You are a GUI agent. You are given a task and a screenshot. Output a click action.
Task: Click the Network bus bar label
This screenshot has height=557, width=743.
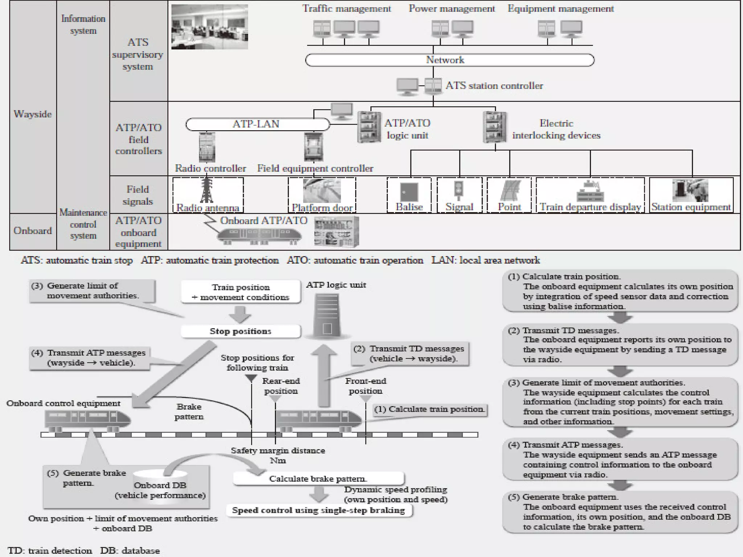445,60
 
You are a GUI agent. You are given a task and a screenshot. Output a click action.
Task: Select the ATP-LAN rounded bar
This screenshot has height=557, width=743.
257,124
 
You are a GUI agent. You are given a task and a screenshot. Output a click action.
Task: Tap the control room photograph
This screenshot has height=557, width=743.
210,27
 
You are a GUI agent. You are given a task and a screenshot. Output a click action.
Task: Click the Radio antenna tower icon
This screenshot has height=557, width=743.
206,189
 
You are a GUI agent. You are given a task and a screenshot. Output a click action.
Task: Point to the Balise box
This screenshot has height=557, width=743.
409,195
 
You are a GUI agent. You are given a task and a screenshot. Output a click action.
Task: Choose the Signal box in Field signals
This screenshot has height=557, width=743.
459,195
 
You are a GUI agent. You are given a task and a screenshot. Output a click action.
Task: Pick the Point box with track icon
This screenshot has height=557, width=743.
509,195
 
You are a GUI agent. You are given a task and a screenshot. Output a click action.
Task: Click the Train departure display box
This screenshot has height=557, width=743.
590,195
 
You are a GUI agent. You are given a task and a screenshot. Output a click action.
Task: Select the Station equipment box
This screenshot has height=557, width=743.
691,195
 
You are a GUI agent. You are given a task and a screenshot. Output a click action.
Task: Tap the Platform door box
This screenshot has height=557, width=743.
322,195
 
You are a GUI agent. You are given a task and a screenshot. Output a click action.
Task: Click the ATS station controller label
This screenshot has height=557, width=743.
494,86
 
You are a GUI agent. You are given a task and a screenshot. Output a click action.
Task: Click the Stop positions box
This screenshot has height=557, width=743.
241,331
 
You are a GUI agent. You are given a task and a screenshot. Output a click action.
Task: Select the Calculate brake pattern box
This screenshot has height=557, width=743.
318,479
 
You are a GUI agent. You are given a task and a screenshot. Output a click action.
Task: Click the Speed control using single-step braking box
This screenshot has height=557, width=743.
319,510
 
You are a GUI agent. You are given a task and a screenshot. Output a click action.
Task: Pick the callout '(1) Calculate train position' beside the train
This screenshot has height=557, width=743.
430,409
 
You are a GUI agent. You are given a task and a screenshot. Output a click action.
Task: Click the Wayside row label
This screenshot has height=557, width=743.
33,114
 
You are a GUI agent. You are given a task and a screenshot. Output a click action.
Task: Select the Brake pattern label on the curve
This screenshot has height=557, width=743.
189,412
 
